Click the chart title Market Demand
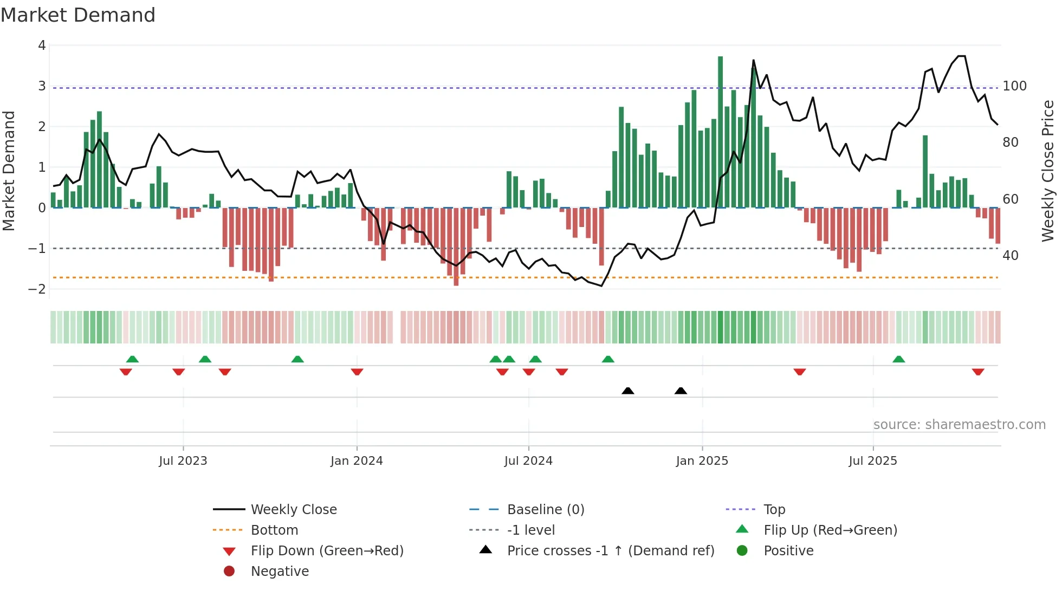tap(78, 15)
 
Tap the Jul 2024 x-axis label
tap(528, 461)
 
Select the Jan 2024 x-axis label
tap(357, 461)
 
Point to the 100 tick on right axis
tap(1014, 86)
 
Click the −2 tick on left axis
tap(37, 289)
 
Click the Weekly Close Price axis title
tap(1048, 171)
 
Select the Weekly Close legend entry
tap(293, 510)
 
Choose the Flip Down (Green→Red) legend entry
tap(327, 551)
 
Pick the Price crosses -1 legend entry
tap(610, 551)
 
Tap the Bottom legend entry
tap(274, 530)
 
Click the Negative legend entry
tap(280, 572)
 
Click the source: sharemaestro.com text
tap(959, 425)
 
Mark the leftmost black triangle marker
tap(627, 391)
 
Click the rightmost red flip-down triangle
tap(977, 372)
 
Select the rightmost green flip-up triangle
tap(898, 359)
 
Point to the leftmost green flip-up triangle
tap(132, 359)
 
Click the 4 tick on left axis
tap(42, 46)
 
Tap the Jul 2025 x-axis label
tap(872, 461)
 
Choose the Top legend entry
tap(774, 510)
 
